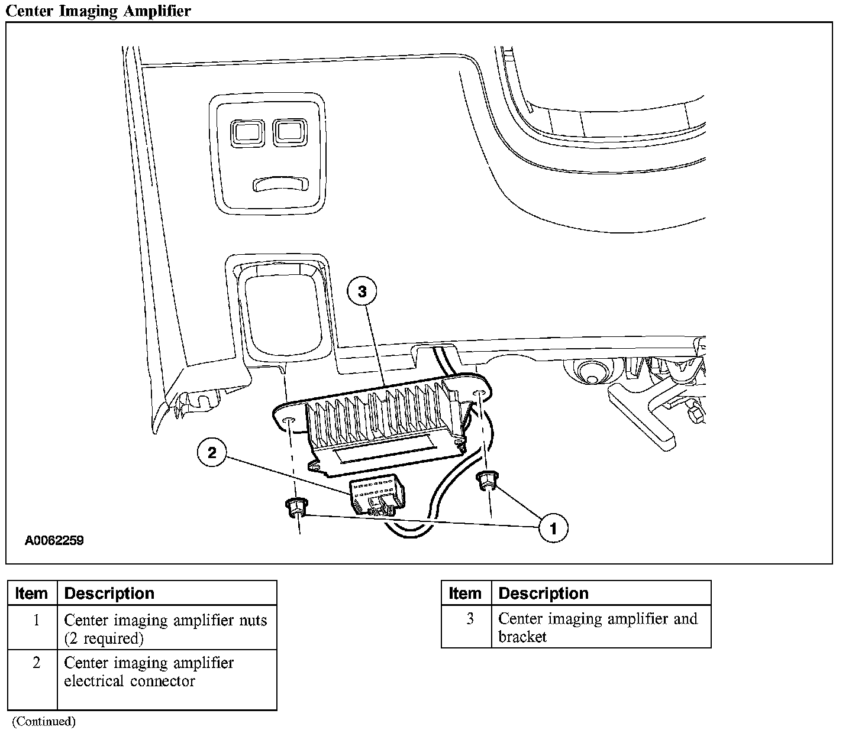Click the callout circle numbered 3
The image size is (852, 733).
(x=362, y=291)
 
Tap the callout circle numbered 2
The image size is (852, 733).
(x=212, y=453)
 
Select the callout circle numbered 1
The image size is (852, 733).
(x=553, y=528)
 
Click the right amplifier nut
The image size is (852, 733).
(x=486, y=481)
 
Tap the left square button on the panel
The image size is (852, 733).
(x=247, y=133)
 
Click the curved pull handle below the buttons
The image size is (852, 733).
(x=281, y=184)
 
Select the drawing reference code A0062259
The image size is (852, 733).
(x=54, y=540)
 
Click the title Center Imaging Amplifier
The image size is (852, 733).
(x=98, y=11)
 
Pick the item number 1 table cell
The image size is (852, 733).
(x=36, y=621)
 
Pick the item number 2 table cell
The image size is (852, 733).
(x=36, y=663)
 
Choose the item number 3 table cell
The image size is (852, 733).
(x=470, y=619)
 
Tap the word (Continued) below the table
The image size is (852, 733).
(x=44, y=721)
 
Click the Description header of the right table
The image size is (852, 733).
(x=543, y=593)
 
